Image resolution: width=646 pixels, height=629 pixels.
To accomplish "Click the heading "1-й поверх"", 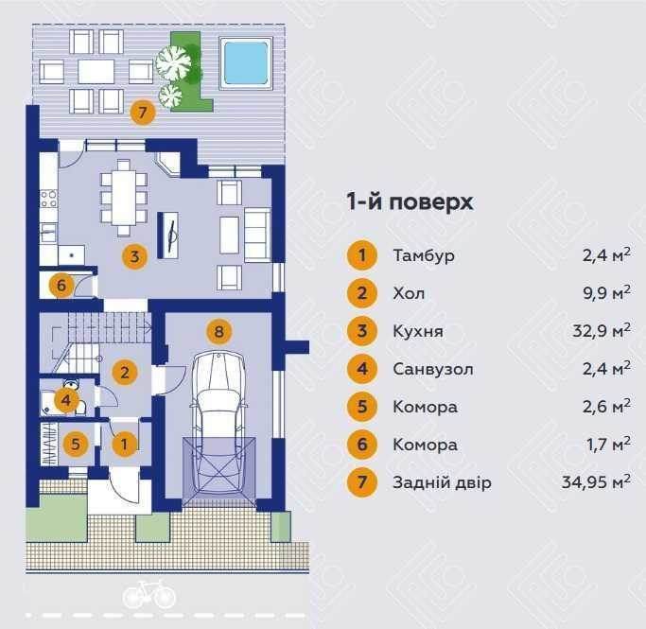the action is click(410, 201).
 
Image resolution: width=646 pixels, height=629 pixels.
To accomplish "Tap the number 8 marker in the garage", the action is click(218, 331).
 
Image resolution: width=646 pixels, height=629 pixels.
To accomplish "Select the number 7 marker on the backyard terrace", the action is click(143, 112).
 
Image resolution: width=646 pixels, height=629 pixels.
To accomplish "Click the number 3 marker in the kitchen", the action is click(134, 256).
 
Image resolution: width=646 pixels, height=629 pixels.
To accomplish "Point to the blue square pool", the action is click(246, 63).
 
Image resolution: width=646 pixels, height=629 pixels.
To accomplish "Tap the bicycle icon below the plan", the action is click(149, 594).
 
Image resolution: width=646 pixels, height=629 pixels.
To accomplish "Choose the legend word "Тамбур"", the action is click(424, 255).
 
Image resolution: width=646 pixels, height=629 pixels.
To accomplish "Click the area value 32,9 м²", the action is click(602, 330).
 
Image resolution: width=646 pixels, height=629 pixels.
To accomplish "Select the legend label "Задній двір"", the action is click(442, 482).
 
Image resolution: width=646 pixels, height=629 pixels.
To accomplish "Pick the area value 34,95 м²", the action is click(596, 481).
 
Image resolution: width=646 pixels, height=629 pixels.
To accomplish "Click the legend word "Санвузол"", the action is click(433, 369).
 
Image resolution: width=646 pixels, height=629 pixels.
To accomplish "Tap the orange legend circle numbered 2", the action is click(361, 293).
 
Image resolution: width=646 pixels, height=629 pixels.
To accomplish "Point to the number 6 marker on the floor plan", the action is click(61, 285).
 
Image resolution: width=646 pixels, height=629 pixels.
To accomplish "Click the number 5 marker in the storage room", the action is click(76, 444).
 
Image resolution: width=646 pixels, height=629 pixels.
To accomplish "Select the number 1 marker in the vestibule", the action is click(124, 444).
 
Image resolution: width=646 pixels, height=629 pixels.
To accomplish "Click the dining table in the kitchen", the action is click(124, 198).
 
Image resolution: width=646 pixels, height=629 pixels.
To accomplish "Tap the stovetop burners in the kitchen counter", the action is click(48, 198).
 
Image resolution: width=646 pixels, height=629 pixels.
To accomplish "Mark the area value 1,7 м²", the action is click(608, 444).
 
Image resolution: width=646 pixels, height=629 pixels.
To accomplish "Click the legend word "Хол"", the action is click(409, 293).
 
